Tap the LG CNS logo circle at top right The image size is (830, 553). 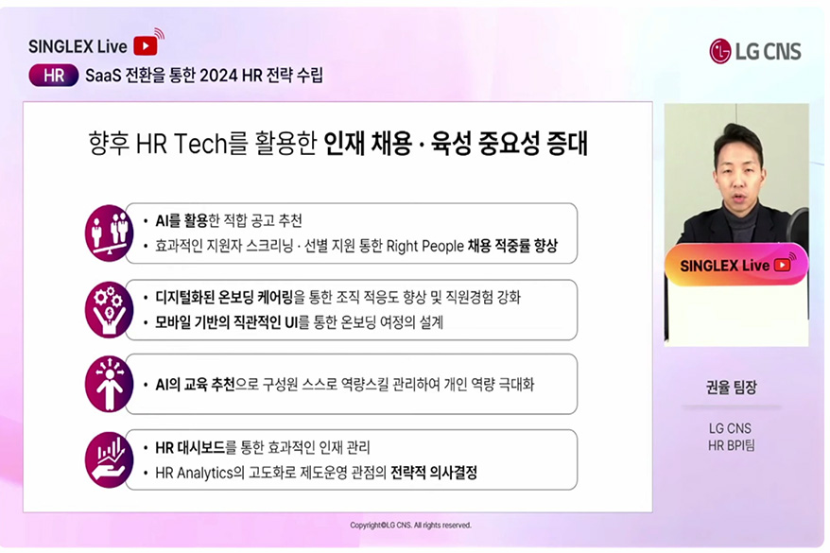pos(720,50)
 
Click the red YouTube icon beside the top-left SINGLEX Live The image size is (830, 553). pos(146,45)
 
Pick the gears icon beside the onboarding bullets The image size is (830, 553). pos(109,309)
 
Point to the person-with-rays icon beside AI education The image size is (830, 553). pos(109,384)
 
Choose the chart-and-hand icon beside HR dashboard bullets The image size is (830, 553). pos(109,459)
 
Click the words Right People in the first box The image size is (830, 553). pos(424,246)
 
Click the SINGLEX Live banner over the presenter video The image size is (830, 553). pos(735,266)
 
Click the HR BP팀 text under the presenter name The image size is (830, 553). pos(735,445)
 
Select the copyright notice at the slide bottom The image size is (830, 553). pos(410,525)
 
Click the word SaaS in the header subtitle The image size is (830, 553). pos(104,76)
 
